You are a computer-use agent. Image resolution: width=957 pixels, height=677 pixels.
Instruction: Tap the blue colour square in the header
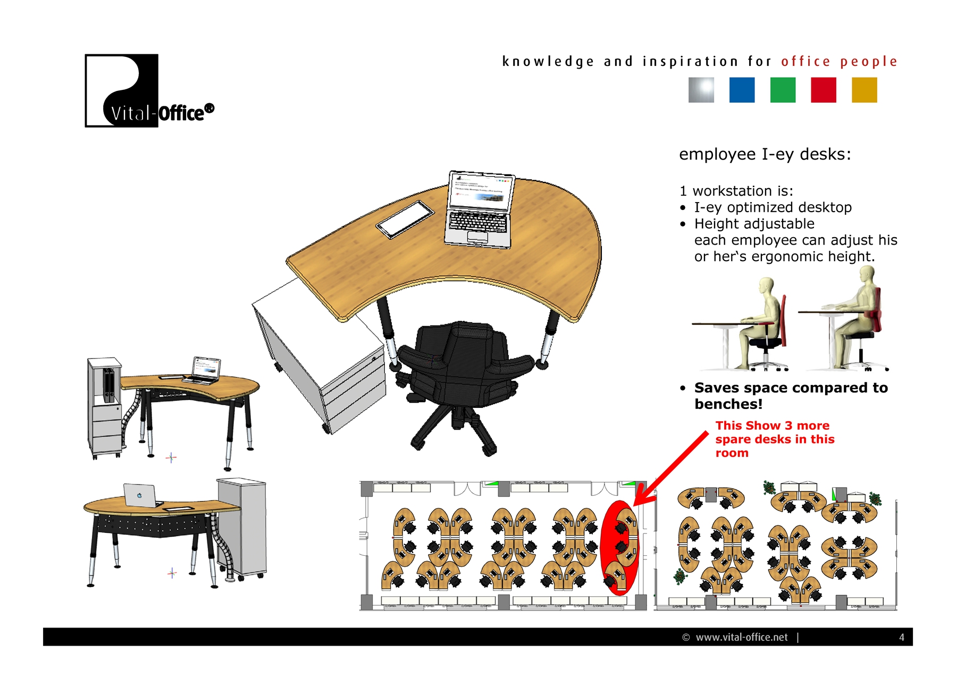[742, 90]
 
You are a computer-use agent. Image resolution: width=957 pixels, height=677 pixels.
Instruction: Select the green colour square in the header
[783, 90]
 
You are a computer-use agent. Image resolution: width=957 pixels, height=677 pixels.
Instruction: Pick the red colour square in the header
[824, 90]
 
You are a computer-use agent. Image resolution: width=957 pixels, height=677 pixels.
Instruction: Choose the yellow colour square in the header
[864, 90]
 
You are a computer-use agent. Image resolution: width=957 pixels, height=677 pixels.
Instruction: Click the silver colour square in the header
[701, 90]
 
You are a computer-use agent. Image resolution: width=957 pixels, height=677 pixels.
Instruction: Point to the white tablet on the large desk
[406, 219]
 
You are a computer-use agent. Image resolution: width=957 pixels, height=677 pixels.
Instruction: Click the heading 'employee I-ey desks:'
[765, 154]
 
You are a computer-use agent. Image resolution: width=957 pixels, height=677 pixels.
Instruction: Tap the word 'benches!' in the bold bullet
[728, 404]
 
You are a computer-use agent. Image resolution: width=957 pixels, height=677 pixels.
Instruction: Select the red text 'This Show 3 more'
[772, 425]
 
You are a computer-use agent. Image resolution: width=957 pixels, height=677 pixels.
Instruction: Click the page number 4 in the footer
[901, 637]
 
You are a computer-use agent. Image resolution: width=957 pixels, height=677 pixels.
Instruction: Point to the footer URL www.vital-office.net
[741, 637]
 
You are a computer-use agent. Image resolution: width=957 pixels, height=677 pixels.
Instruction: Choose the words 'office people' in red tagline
[839, 62]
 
